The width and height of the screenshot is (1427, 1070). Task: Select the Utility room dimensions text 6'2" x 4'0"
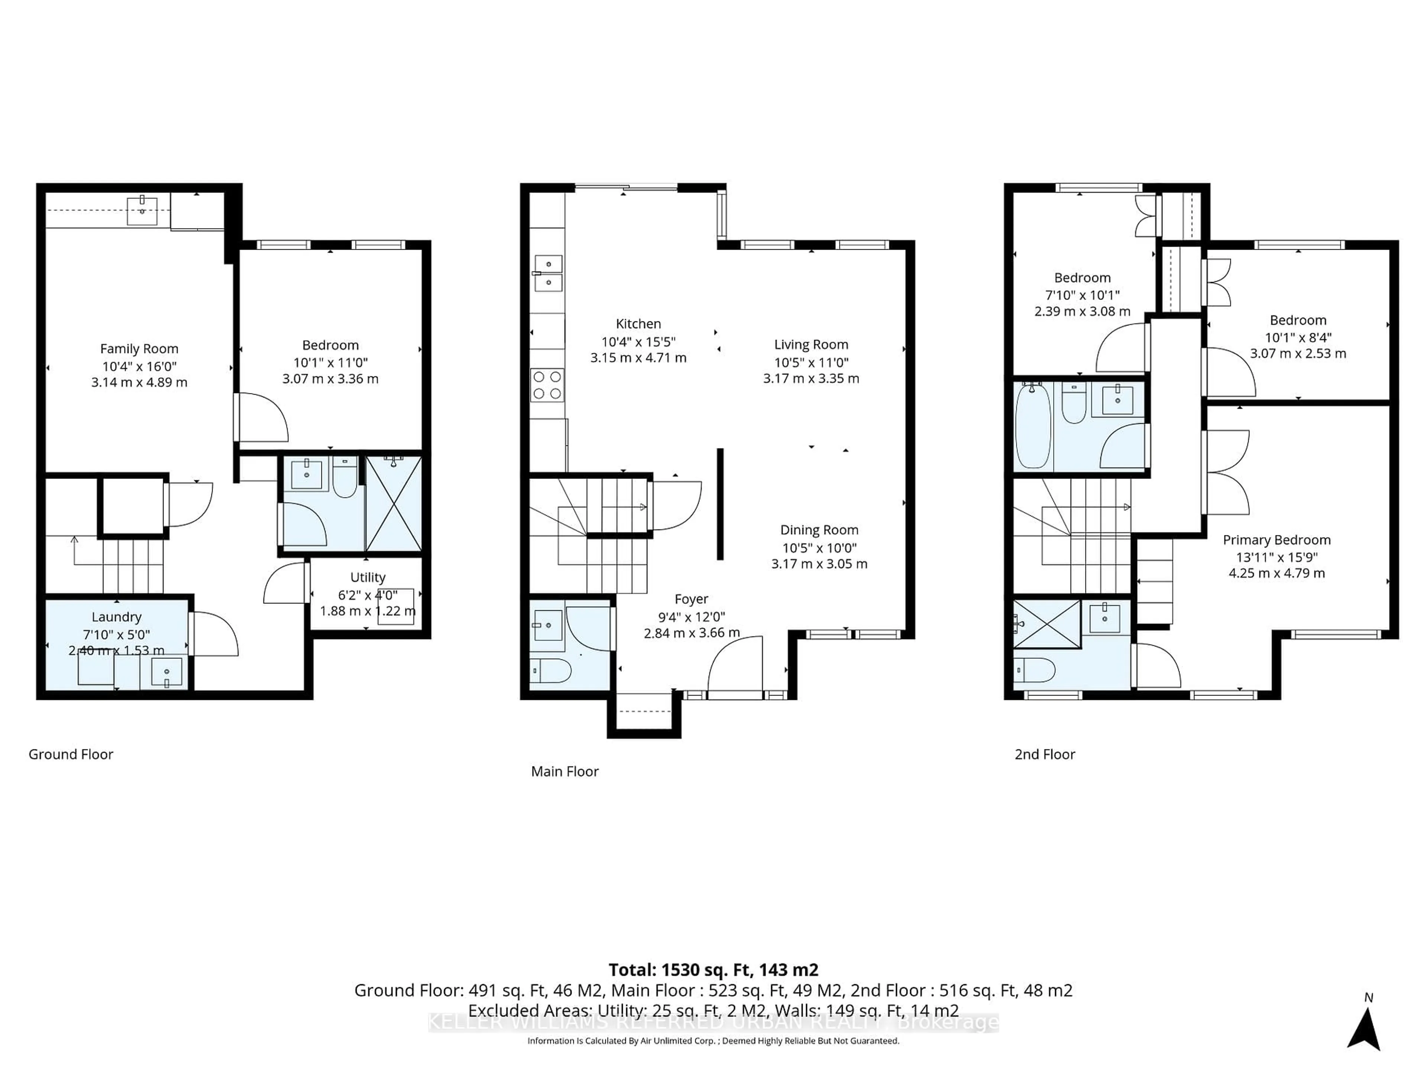(368, 595)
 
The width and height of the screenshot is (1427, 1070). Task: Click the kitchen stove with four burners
(547, 385)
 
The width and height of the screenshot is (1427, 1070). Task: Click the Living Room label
(811, 345)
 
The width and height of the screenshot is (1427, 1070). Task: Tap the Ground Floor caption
(71, 755)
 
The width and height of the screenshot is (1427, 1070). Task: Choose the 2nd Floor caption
(1045, 755)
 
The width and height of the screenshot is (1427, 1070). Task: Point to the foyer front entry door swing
(735, 664)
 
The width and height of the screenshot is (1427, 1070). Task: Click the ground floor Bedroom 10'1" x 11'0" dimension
(330, 363)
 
